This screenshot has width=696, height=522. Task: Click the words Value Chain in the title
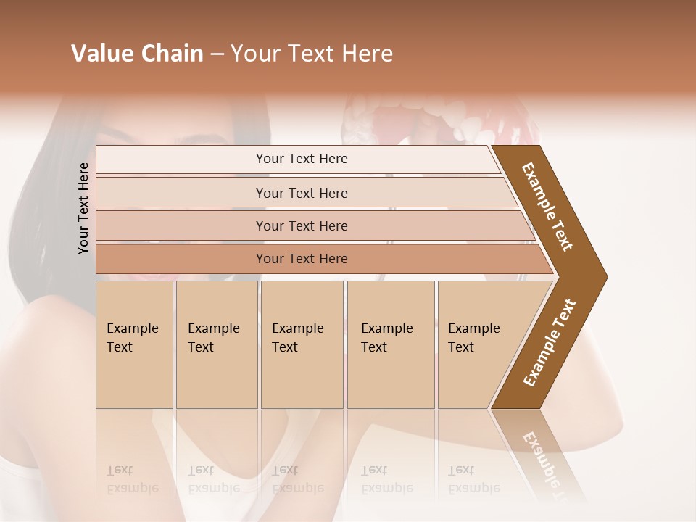[x=137, y=54]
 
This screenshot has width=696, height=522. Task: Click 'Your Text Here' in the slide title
[x=312, y=54]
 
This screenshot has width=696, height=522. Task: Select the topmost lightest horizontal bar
[x=302, y=159]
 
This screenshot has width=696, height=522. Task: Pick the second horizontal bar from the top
[x=302, y=193]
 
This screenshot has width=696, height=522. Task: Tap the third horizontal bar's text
[x=302, y=226]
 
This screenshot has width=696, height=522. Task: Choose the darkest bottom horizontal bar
[x=302, y=259]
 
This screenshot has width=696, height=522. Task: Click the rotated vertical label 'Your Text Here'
[x=83, y=208]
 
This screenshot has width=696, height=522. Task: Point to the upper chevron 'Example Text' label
[x=548, y=207]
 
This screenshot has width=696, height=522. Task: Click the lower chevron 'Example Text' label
[x=550, y=342]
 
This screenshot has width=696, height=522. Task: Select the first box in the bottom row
[x=134, y=344]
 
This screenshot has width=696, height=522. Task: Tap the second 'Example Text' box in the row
[x=216, y=344]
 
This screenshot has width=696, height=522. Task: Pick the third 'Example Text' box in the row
[x=301, y=344]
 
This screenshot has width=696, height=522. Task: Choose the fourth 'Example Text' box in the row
[x=390, y=344]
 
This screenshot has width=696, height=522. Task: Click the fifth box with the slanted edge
[x=478, y=344]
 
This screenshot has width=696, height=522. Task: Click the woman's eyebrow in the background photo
[x=210, y=137]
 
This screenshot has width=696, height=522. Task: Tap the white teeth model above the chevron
[x=442, y=116]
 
